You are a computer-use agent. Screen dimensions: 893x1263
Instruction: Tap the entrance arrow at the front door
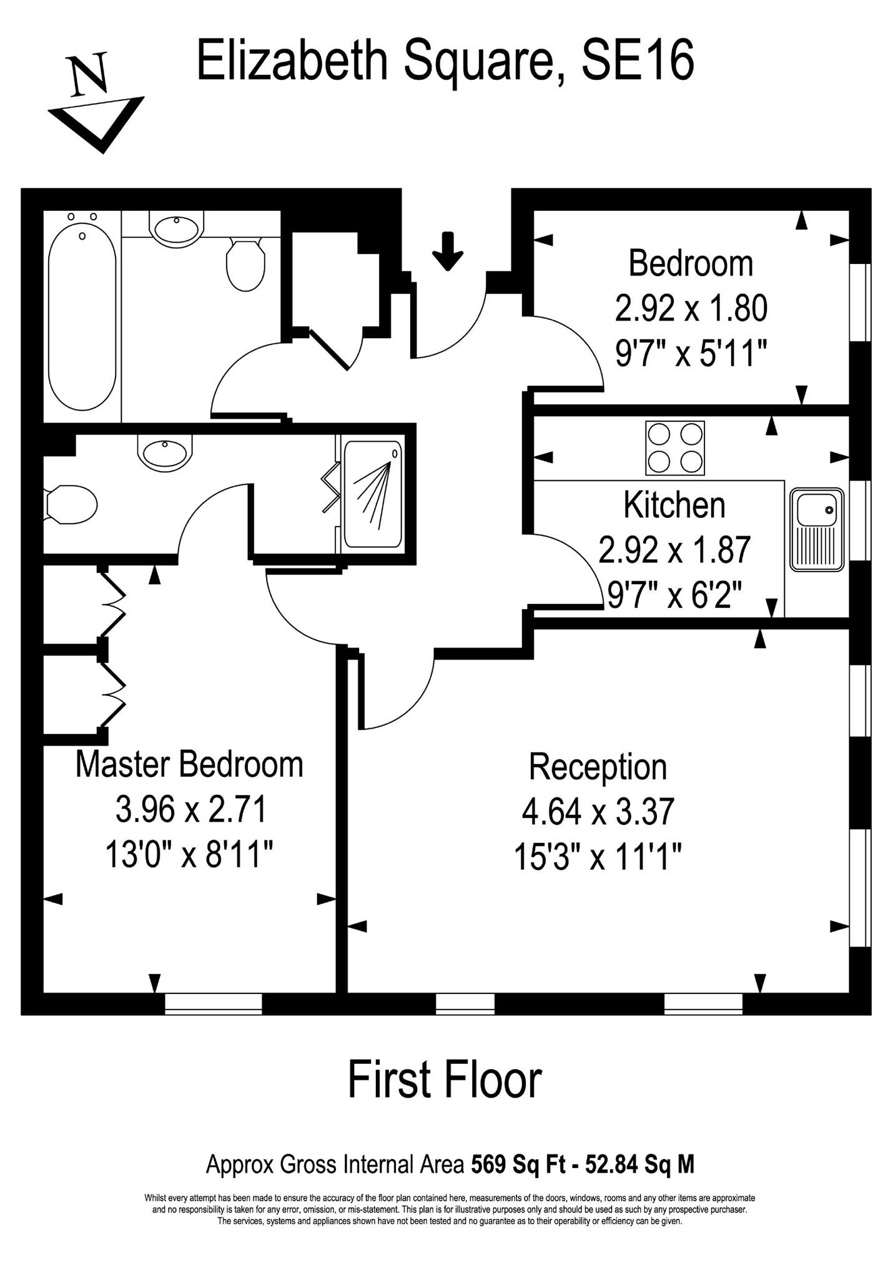(448, 251)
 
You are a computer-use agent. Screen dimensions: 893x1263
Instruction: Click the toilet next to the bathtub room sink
(245, 265)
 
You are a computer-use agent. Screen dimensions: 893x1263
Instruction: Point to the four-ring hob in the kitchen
(675, 448)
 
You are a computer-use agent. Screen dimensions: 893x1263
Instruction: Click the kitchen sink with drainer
(817, 530)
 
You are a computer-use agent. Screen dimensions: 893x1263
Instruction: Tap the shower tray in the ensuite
(373, 494)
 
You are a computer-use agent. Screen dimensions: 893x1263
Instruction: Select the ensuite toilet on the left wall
(70, 504)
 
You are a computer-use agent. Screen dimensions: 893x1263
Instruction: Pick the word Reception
(598, 767)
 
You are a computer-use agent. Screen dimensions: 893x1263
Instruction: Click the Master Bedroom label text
(189, 764)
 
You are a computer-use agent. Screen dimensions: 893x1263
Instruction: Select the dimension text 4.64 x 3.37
(598, 812)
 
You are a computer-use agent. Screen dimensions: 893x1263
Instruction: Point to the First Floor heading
(445, 1080)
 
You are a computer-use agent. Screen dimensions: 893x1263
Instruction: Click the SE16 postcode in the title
(638, 61)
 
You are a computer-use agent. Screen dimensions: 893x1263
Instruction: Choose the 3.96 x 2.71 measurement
(191, 809)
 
